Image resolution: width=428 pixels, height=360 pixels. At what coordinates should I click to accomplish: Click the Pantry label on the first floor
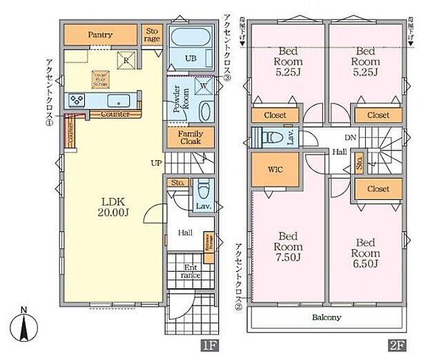tap(101, 34)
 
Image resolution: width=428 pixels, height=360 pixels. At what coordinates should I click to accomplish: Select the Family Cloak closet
tap(190, 137)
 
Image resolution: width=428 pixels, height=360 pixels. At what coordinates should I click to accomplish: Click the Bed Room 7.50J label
tap(287, 253)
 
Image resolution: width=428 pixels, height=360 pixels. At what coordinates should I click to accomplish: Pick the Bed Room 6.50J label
tap(366, 253)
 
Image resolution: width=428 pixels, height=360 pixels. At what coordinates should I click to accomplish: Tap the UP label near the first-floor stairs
tap(157, 163)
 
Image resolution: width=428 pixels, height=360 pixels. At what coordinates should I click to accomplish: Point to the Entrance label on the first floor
tap(189, 271)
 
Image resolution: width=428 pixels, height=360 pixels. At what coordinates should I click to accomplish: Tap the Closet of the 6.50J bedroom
tap(378, 189)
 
